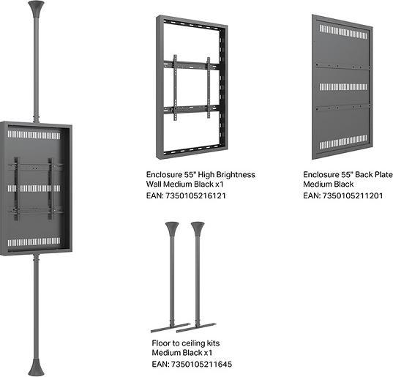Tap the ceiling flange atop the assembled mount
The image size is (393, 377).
34,10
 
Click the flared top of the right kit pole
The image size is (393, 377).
198,228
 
